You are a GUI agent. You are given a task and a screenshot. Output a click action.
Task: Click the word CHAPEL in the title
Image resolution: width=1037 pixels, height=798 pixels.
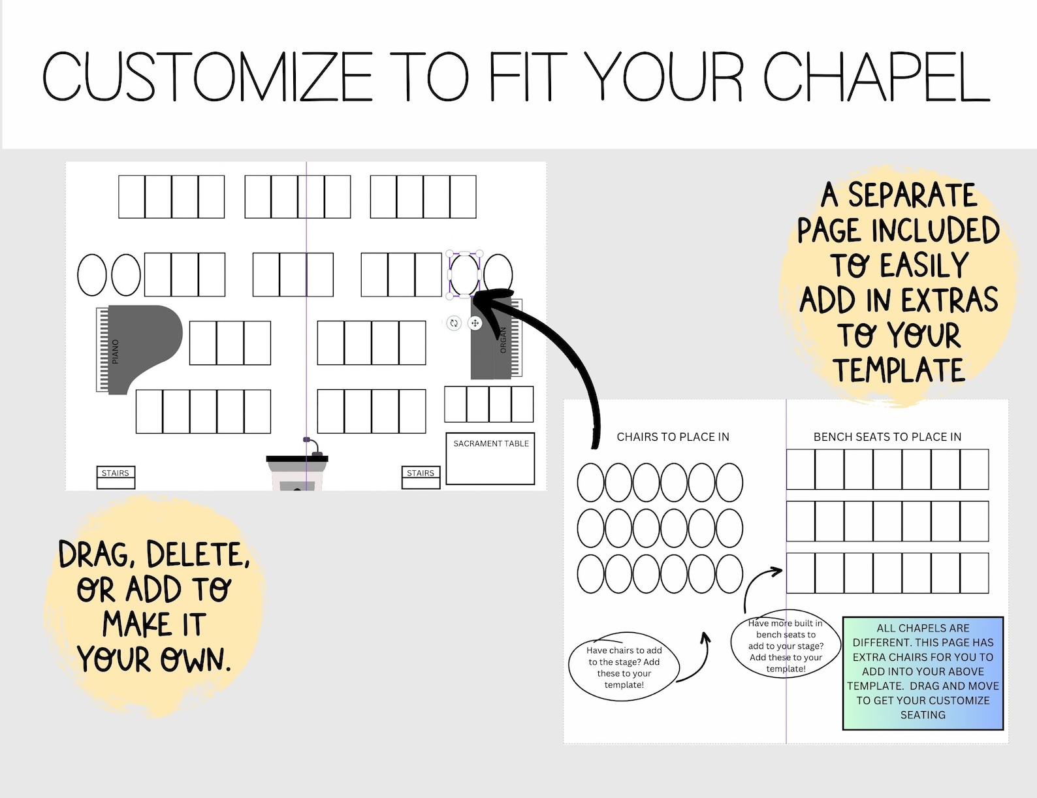point(876,77)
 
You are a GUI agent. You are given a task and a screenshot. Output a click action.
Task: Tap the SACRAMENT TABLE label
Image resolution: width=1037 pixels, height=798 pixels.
point(491,444)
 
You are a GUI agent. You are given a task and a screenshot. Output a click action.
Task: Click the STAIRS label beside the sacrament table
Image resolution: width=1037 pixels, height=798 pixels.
point(420,473)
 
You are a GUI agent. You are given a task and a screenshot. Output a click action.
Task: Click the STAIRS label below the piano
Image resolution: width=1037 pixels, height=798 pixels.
point(115,473)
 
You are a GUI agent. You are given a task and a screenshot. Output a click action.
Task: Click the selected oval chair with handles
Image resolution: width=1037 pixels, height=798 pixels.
point(464,275)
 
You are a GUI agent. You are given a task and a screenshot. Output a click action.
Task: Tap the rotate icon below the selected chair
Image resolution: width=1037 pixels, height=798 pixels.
point(454,323)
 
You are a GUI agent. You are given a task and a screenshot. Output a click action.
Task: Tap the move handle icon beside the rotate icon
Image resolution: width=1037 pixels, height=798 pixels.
point(475,323)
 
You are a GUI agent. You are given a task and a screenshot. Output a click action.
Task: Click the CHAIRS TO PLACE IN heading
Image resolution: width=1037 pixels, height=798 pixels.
point(673,437)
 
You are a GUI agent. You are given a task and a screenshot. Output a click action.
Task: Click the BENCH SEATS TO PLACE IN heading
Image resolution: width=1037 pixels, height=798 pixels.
point(887,437)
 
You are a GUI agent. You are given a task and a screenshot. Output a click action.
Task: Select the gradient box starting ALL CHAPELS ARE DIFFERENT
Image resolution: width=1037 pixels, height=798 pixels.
point(923,673)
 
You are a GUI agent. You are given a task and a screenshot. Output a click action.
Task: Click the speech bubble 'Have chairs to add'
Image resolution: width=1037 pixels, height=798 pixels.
point(624,667)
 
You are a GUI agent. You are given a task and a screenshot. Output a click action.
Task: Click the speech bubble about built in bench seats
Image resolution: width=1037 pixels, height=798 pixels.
point(786,646)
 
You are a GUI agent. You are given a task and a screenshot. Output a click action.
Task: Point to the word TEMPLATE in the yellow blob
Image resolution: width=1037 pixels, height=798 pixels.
point(899,370)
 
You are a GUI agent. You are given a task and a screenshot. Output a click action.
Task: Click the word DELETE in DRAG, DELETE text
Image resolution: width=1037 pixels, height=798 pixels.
point(197,555)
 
